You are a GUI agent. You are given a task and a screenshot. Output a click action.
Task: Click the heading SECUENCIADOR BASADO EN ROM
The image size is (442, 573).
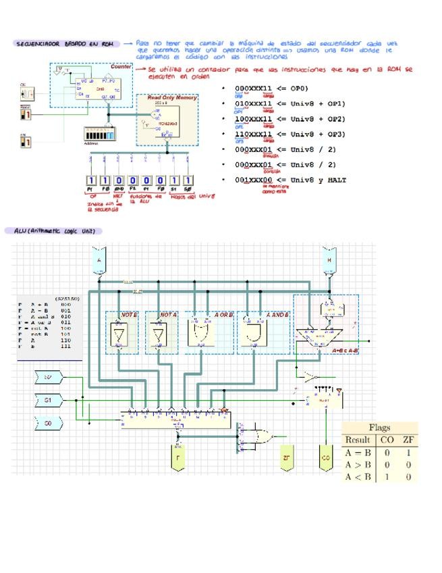point(65,44)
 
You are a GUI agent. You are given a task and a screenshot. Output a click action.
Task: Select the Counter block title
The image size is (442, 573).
point(121,67)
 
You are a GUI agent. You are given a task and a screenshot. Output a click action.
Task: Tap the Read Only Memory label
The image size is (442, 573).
point(172,98)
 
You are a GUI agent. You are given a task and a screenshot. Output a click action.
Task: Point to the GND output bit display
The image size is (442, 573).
point(119,181)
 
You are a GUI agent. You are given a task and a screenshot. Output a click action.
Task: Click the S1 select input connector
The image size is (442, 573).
point(48,400)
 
